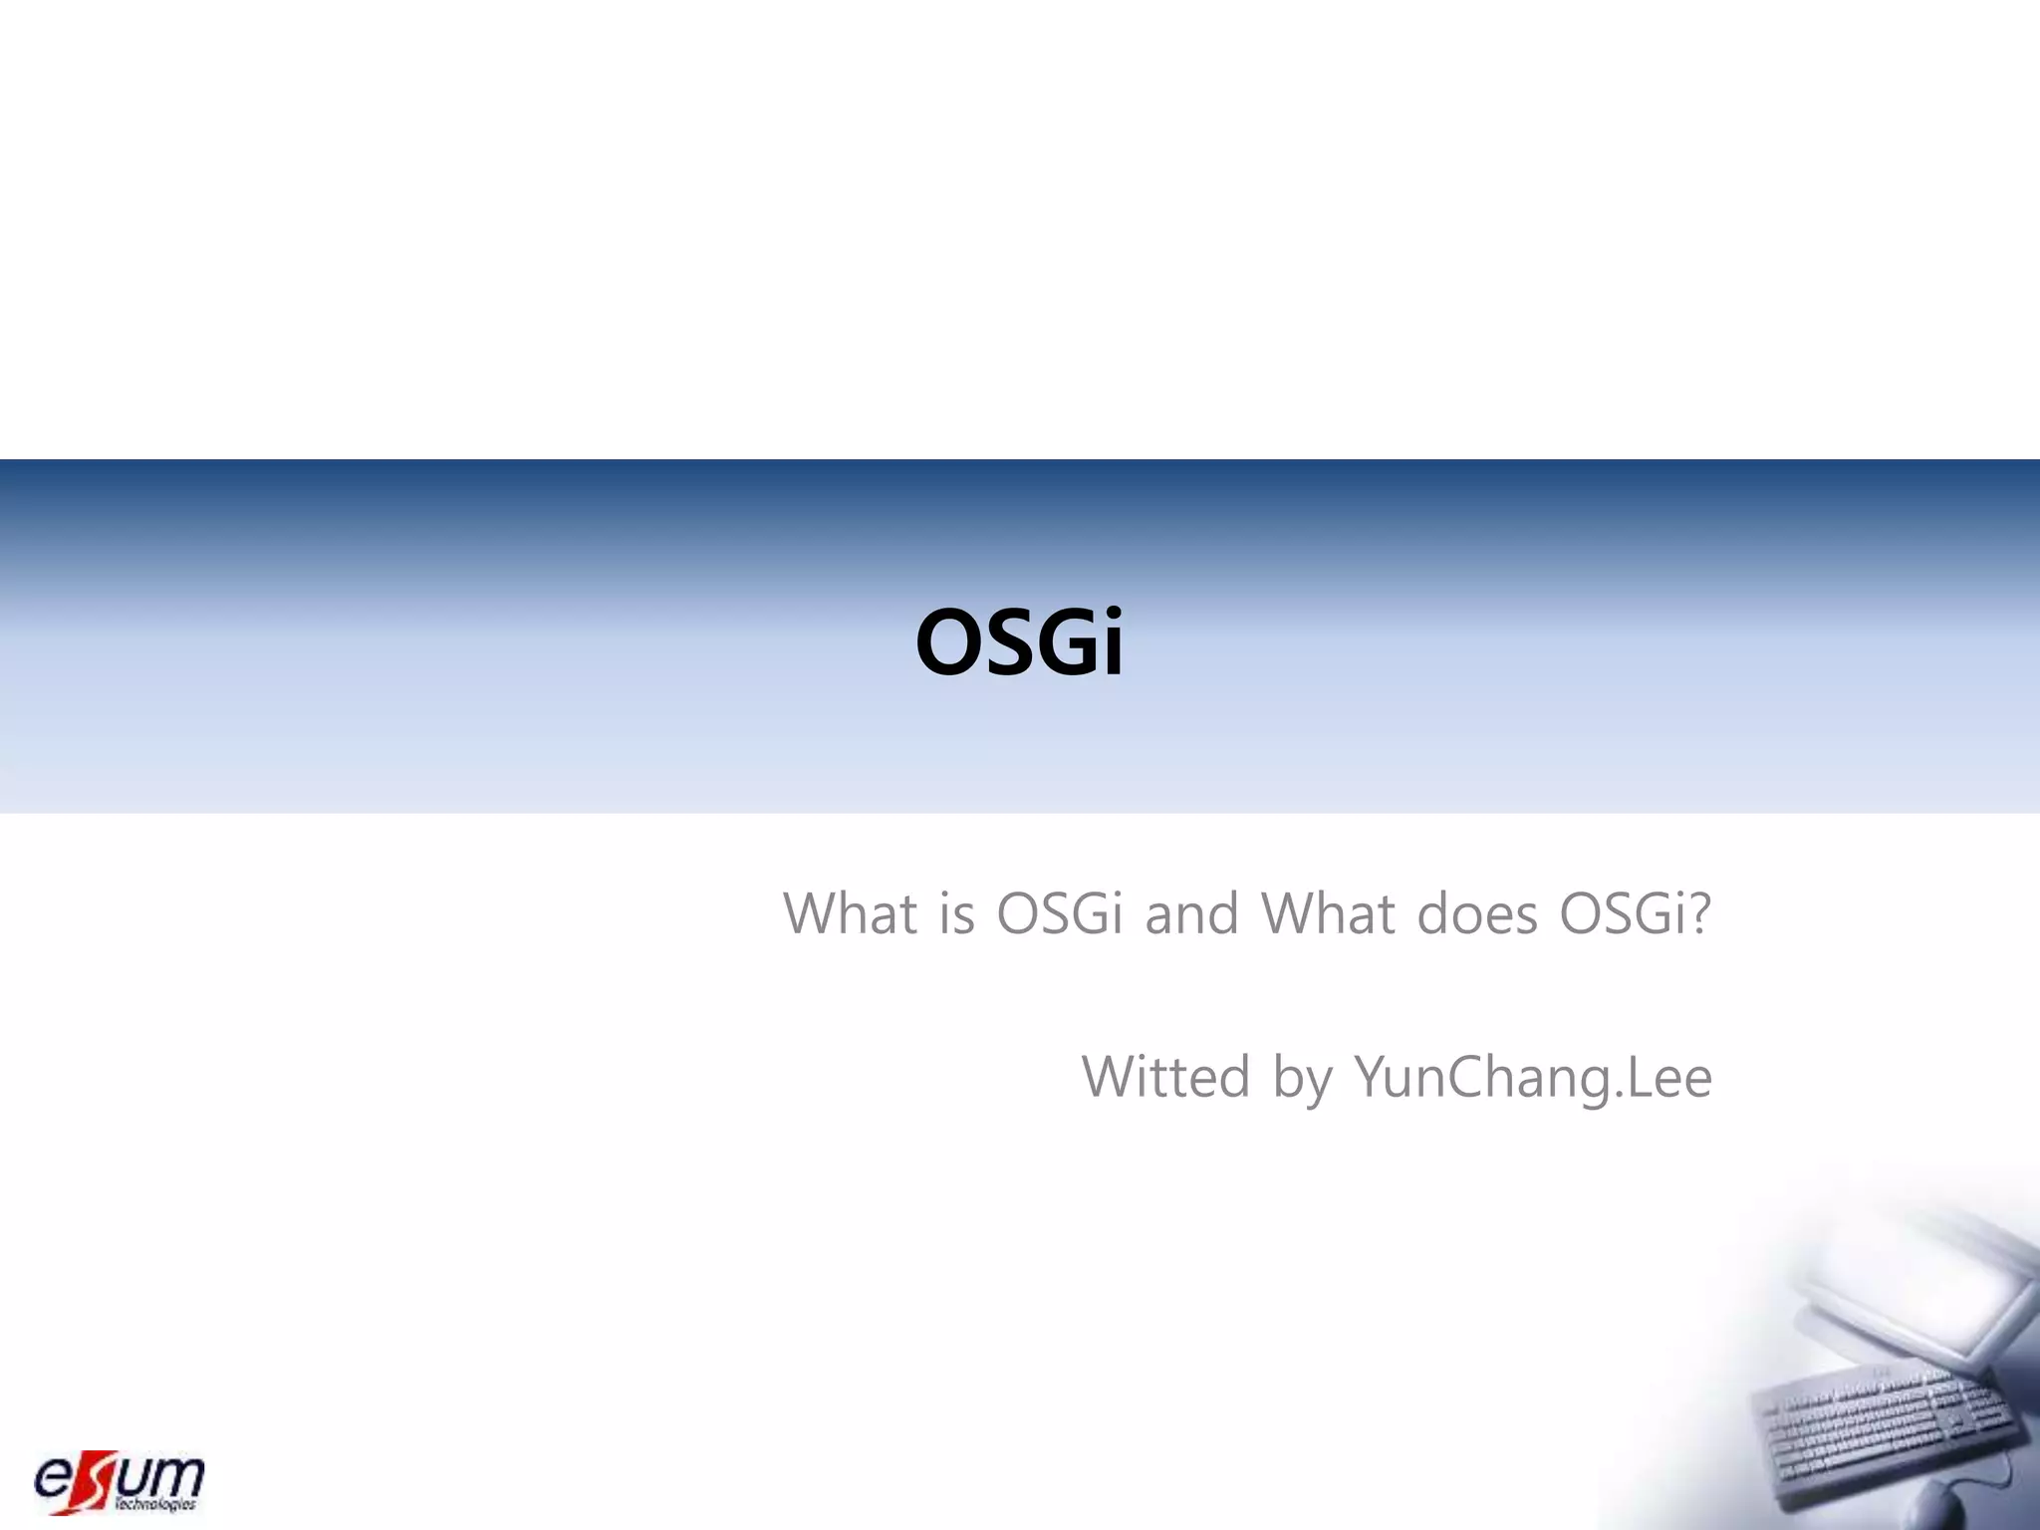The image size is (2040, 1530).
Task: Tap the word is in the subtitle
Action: (956, 914)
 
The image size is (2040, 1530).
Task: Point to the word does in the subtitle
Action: (1477, 914)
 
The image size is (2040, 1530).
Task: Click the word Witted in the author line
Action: (1165, 1077)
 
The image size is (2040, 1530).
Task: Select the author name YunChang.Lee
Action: (1532, 1079)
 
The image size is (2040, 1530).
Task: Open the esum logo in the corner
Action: (120, 1481)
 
